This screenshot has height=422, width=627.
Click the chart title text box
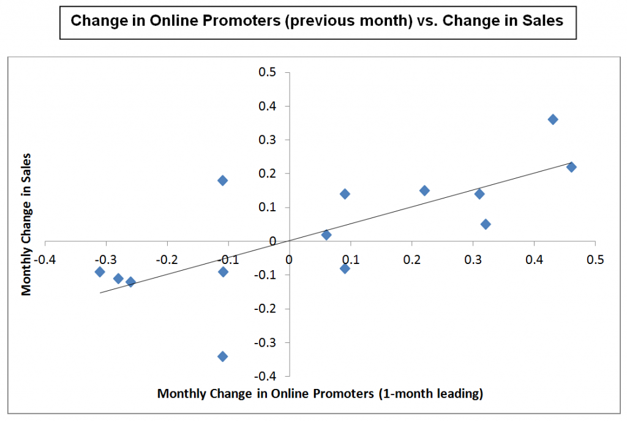pyautogui.click(x=317, y=21)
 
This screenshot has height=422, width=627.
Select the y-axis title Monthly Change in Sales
pyautogui.click(x=26, y=224)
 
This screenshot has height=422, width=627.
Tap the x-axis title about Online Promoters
pyautogui.click(x=320, y=394)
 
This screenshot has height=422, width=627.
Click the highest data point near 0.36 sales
pyautogui.click(x=553, y=119)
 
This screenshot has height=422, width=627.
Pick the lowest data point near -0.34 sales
pyautogui.click(x=223, y=356)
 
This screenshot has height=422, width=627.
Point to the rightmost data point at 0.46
pyautogui.click(x=571, y=167)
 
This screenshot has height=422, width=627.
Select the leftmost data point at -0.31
pyautogui.click(x=100, y=272)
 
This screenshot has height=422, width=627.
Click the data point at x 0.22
pyautogui.click(x=424, y=190)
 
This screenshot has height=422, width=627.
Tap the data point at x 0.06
pyautogui.click(x=326, y=235)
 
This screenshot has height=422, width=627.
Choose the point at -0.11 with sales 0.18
pyautogui.click(x=223, y=181)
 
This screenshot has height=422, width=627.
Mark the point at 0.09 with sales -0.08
pyautogui.click(x=345, y=268)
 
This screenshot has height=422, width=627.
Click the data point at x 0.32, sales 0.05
pyautogui.click(x=486, y=224)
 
